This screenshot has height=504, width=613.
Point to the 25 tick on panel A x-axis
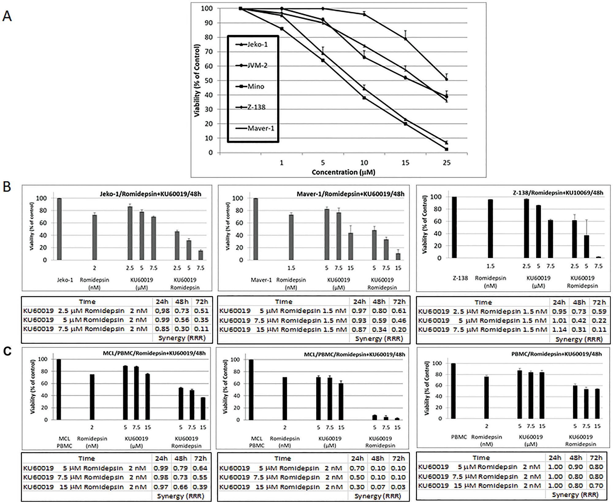(447, 163)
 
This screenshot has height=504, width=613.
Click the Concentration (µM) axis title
(343, 172)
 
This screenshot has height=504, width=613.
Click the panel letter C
(7, 351)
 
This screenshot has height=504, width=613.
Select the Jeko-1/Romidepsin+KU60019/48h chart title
(150, 194)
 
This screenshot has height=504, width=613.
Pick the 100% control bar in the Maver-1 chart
(256, 229)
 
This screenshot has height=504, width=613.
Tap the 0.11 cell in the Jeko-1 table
(201, 329)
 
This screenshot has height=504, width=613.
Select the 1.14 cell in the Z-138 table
(559, 330)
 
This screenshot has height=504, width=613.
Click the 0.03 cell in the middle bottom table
(398, 487)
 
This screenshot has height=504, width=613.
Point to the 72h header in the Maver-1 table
(399, 302)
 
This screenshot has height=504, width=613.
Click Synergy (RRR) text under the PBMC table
(575, 495)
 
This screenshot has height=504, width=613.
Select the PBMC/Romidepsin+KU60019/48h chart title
(556, 354)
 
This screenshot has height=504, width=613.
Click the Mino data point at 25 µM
(447, 149)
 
